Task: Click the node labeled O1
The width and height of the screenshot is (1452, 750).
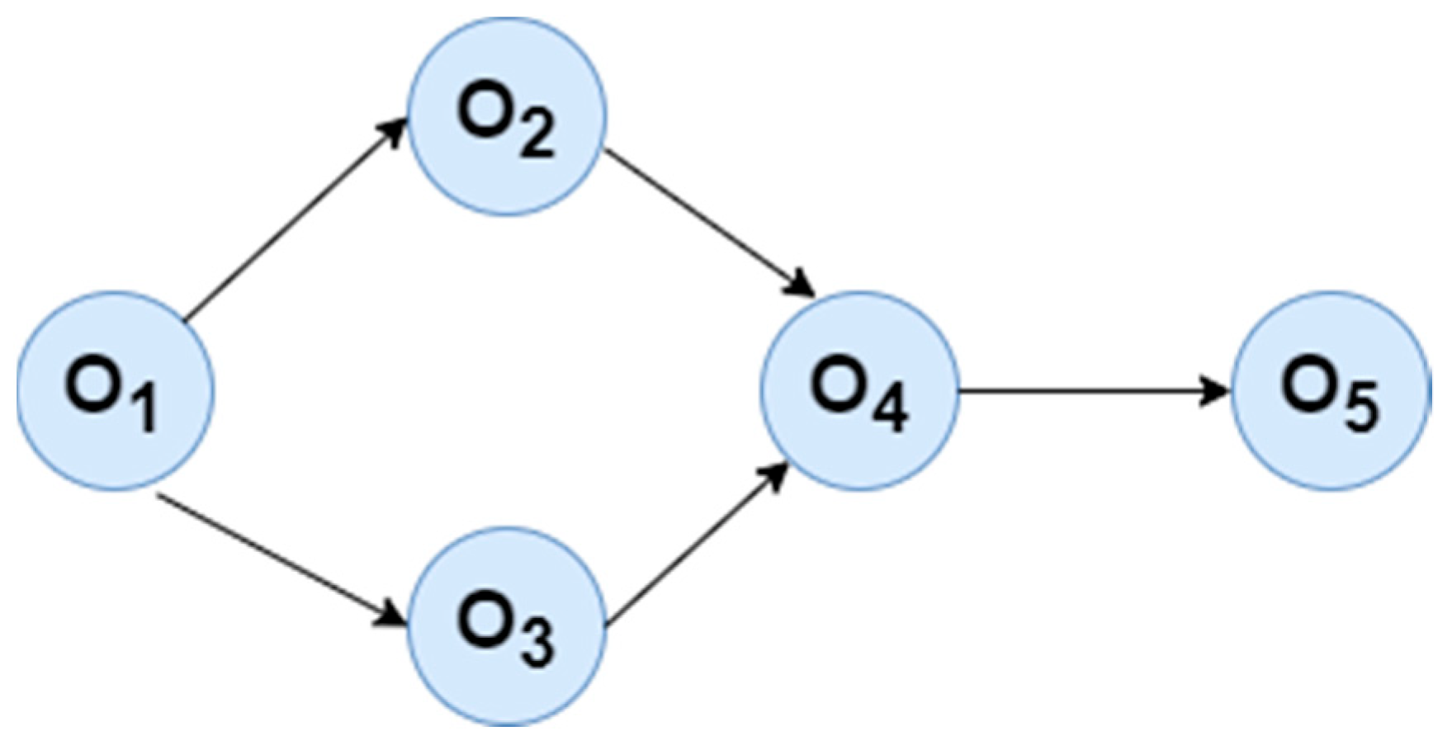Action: [116, 391]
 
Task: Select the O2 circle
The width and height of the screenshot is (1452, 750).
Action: [508, 116]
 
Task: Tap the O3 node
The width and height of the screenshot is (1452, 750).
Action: [508, 626]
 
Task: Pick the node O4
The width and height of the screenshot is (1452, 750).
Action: [859, 391]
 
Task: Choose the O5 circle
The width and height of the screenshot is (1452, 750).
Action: [1331, 391]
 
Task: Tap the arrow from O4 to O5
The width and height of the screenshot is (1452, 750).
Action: [1090, 391]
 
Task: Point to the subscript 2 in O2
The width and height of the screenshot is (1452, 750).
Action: [537, 134]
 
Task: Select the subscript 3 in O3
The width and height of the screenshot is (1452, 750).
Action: [537, 644]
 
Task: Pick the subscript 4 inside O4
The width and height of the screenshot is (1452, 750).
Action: [890, 408]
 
